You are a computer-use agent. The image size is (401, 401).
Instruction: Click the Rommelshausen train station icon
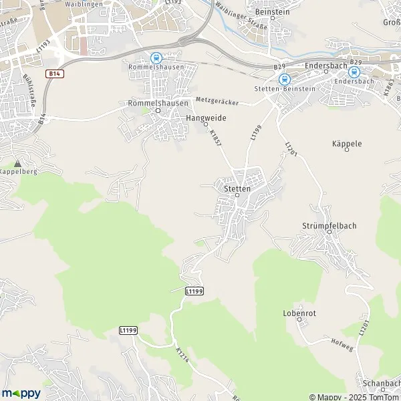(x=156, y=58)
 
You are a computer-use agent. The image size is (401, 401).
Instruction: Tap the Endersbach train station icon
(x=354, y=72)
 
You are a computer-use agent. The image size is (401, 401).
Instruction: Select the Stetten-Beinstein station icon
(x=283, y=79)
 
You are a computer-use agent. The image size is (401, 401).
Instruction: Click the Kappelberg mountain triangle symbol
(x=17, y=162)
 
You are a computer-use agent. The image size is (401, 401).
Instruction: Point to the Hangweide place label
(x=205, y=118)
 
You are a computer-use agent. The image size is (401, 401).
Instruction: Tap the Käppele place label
(x=346, y=144)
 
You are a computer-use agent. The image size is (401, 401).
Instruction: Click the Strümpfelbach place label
(x=329, y=226)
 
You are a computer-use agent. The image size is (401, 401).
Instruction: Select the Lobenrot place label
(x=298, y=313)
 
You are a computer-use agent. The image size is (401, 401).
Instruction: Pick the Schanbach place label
(x=378, y=383)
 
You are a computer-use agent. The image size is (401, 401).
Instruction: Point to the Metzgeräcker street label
(x=218, y=100)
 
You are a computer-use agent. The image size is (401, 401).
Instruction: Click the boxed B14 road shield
(x=55, y=73)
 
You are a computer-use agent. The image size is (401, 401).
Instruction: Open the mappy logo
(x=21, y=393)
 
